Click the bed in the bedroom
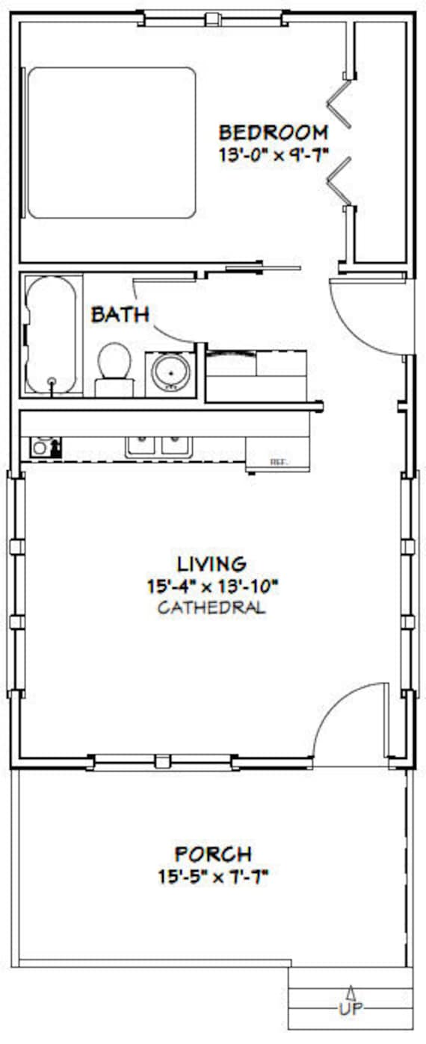pyautogui.click(x=111, y=143)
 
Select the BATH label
pyautogui.click(x=120, y=315)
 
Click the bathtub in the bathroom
pyautogui.click(x=51, y=334)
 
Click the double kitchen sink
pyautogui.click(x=158, y=446)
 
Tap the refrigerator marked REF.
pyautogui.click(x=278, y=454)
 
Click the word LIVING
pyautogui.click(x=212, y=564)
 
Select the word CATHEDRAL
pyautogui.click(x=212, y=607)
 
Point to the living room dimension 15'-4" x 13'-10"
pyautogui.click(x=213, y=587)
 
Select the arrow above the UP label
pyautogui.click(x=351, y=991)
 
